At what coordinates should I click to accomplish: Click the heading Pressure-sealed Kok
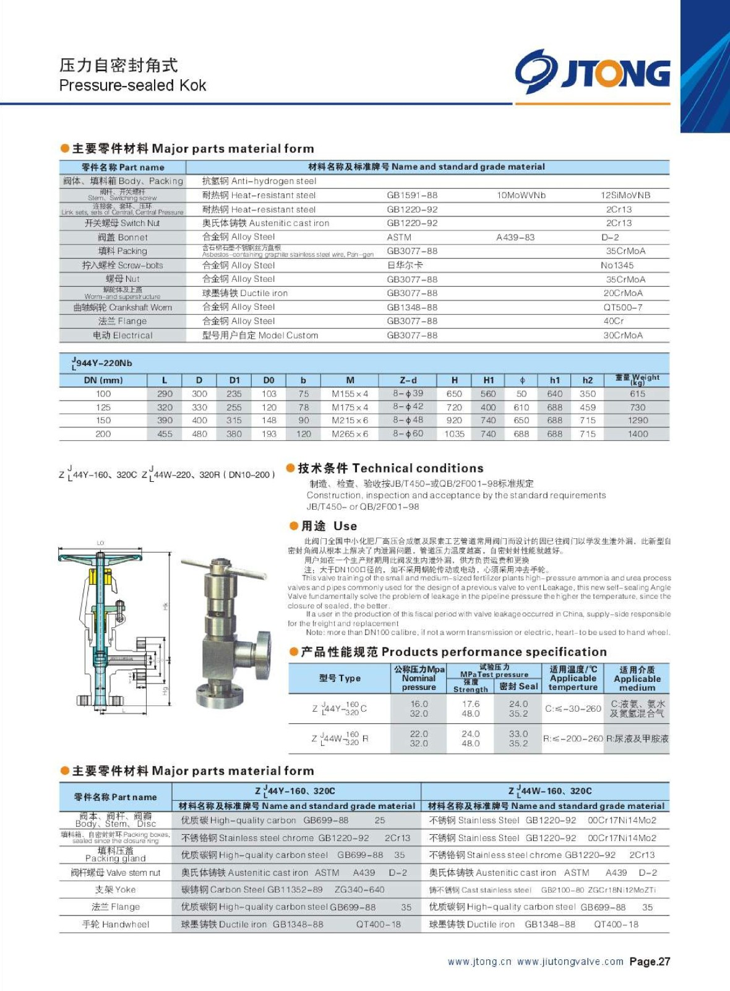point(132,85)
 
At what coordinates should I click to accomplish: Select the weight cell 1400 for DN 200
point(638,434)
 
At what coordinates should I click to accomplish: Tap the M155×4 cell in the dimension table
point(350,394)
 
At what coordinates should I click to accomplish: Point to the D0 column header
point(268,380)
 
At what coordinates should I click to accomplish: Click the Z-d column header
point(408,380)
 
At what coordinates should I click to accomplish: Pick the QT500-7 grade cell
point(623,307)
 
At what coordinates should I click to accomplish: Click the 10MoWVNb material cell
point(521,195)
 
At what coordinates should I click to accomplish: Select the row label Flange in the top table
point(122,321)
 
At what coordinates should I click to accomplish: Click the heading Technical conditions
point(390,468)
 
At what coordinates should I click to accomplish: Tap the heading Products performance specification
point(453,652)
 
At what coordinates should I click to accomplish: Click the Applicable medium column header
point(637,678)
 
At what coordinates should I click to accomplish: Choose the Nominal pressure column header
point(419,678)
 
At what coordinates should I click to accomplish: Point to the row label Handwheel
point(116,924)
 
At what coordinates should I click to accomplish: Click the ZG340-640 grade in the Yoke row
point(359,889)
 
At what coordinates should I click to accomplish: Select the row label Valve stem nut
point(115,873)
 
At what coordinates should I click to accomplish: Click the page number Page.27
point(650,961)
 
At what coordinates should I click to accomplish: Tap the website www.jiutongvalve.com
point(570,961)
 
